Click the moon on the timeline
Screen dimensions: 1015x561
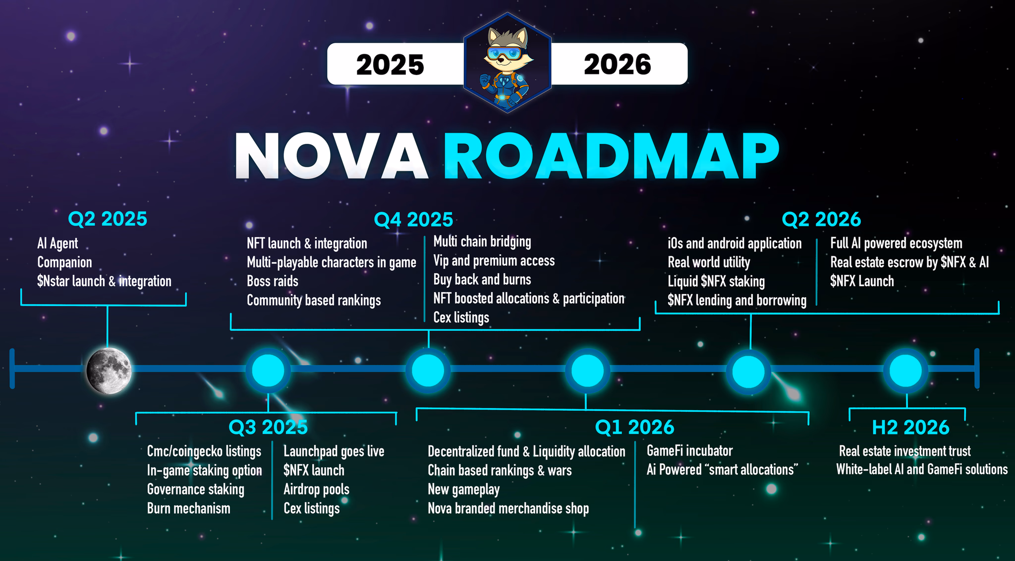pos(109,371)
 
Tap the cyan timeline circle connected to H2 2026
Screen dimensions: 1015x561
pos(905,371)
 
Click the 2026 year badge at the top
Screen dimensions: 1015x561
pos(619,64)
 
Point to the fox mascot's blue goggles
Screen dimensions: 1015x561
pos(507,53)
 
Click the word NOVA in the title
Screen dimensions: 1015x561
pos(331,155)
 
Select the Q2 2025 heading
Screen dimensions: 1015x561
pos(108,219)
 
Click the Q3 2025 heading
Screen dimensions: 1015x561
pos(268,427)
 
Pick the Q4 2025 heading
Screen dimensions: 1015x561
pos(413,219)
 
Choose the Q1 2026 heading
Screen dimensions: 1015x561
pos(634,427)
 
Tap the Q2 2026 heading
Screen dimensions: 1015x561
pos(821,219)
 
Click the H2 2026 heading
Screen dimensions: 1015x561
pos(910,427)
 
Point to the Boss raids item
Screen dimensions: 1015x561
pos(273,281)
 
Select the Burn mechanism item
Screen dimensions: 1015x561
pos(189,508)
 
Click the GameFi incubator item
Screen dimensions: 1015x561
pos(689,451)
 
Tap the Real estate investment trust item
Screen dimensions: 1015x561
pos(904,451)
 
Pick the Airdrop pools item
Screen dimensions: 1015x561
pos(316,490)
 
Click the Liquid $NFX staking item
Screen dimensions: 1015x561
pos(716,282)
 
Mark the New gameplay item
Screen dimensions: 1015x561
pos(463,490)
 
